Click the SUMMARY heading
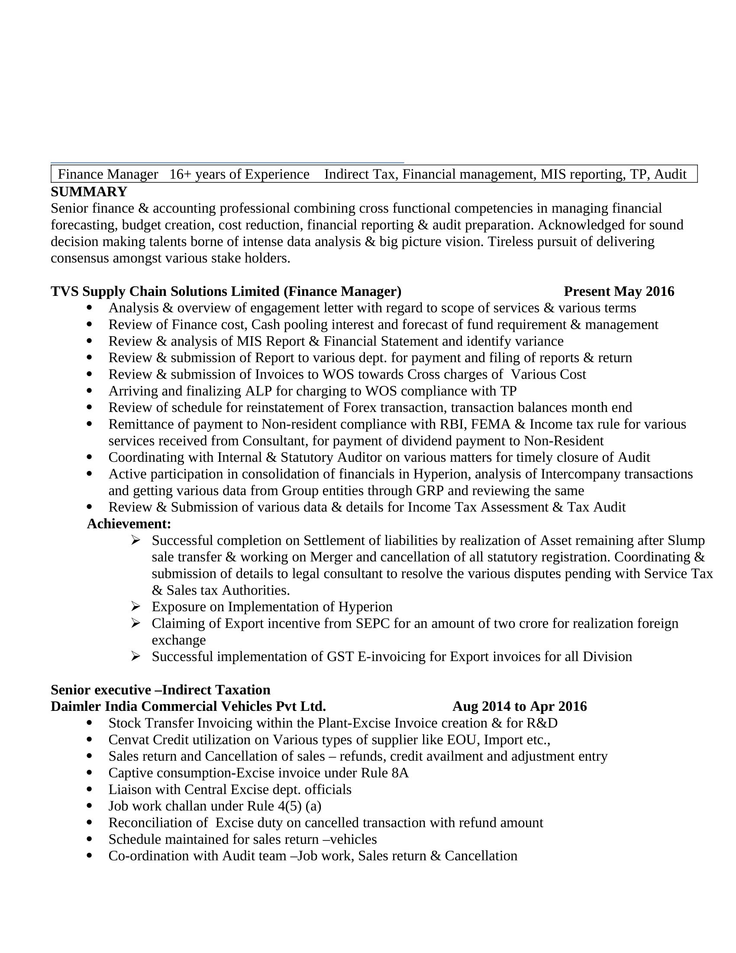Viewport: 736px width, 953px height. [x=89, y=191]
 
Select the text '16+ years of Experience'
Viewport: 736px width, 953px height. [x=239, y=174]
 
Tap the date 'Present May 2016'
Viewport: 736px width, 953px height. [x=619, y=291]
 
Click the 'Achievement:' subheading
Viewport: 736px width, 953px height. [x=129, y=524]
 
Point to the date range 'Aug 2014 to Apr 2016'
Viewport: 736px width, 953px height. [x=519, y=706]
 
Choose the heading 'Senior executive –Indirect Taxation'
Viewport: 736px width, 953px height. [x=161, y=690]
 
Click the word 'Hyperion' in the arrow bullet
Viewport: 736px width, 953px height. [x=365, y=606]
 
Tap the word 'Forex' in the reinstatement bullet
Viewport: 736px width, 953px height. [x=359, y=407]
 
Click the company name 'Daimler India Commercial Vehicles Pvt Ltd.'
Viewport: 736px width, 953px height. [x=188, y=706]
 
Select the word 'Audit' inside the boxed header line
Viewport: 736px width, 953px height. [x=670, y=174]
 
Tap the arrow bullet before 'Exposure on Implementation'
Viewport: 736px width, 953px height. [x=135, y=606]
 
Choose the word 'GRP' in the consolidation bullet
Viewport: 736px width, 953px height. [x=429, y=490]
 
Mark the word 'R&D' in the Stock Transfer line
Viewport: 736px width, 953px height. [x=542, y=723]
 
